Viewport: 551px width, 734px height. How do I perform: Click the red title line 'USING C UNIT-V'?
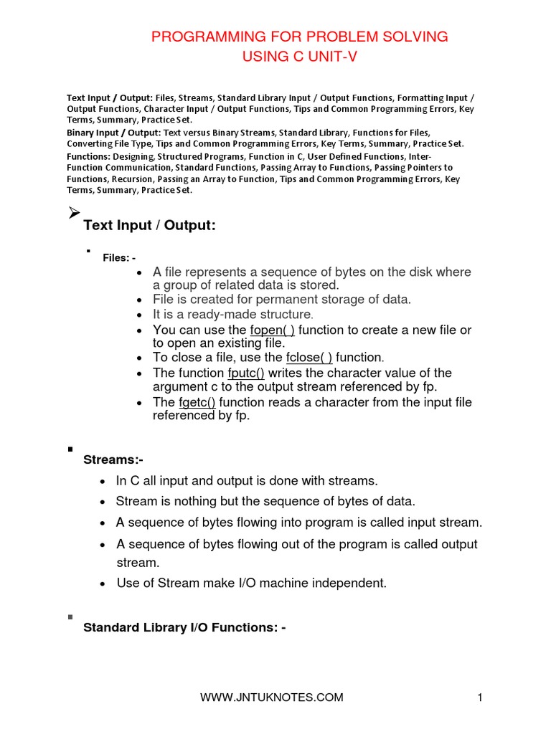tap(299, 57)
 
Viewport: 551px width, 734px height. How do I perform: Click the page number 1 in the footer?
tap(477, 697)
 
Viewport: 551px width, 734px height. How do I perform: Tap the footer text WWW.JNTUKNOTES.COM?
tap(271, 697)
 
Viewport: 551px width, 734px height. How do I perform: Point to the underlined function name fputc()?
tap(246, 373)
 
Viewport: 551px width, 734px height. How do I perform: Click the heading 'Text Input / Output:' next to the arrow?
tap(149, 226)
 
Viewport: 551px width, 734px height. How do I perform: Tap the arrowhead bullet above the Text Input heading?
tap(73, 212)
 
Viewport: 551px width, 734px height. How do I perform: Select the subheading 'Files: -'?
tap(119, 258)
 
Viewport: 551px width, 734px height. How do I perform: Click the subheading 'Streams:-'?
tap(113, 459)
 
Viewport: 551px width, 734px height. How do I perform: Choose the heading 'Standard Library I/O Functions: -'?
tap(185, 628)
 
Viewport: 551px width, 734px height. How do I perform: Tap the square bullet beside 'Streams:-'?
tap(70, 449)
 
